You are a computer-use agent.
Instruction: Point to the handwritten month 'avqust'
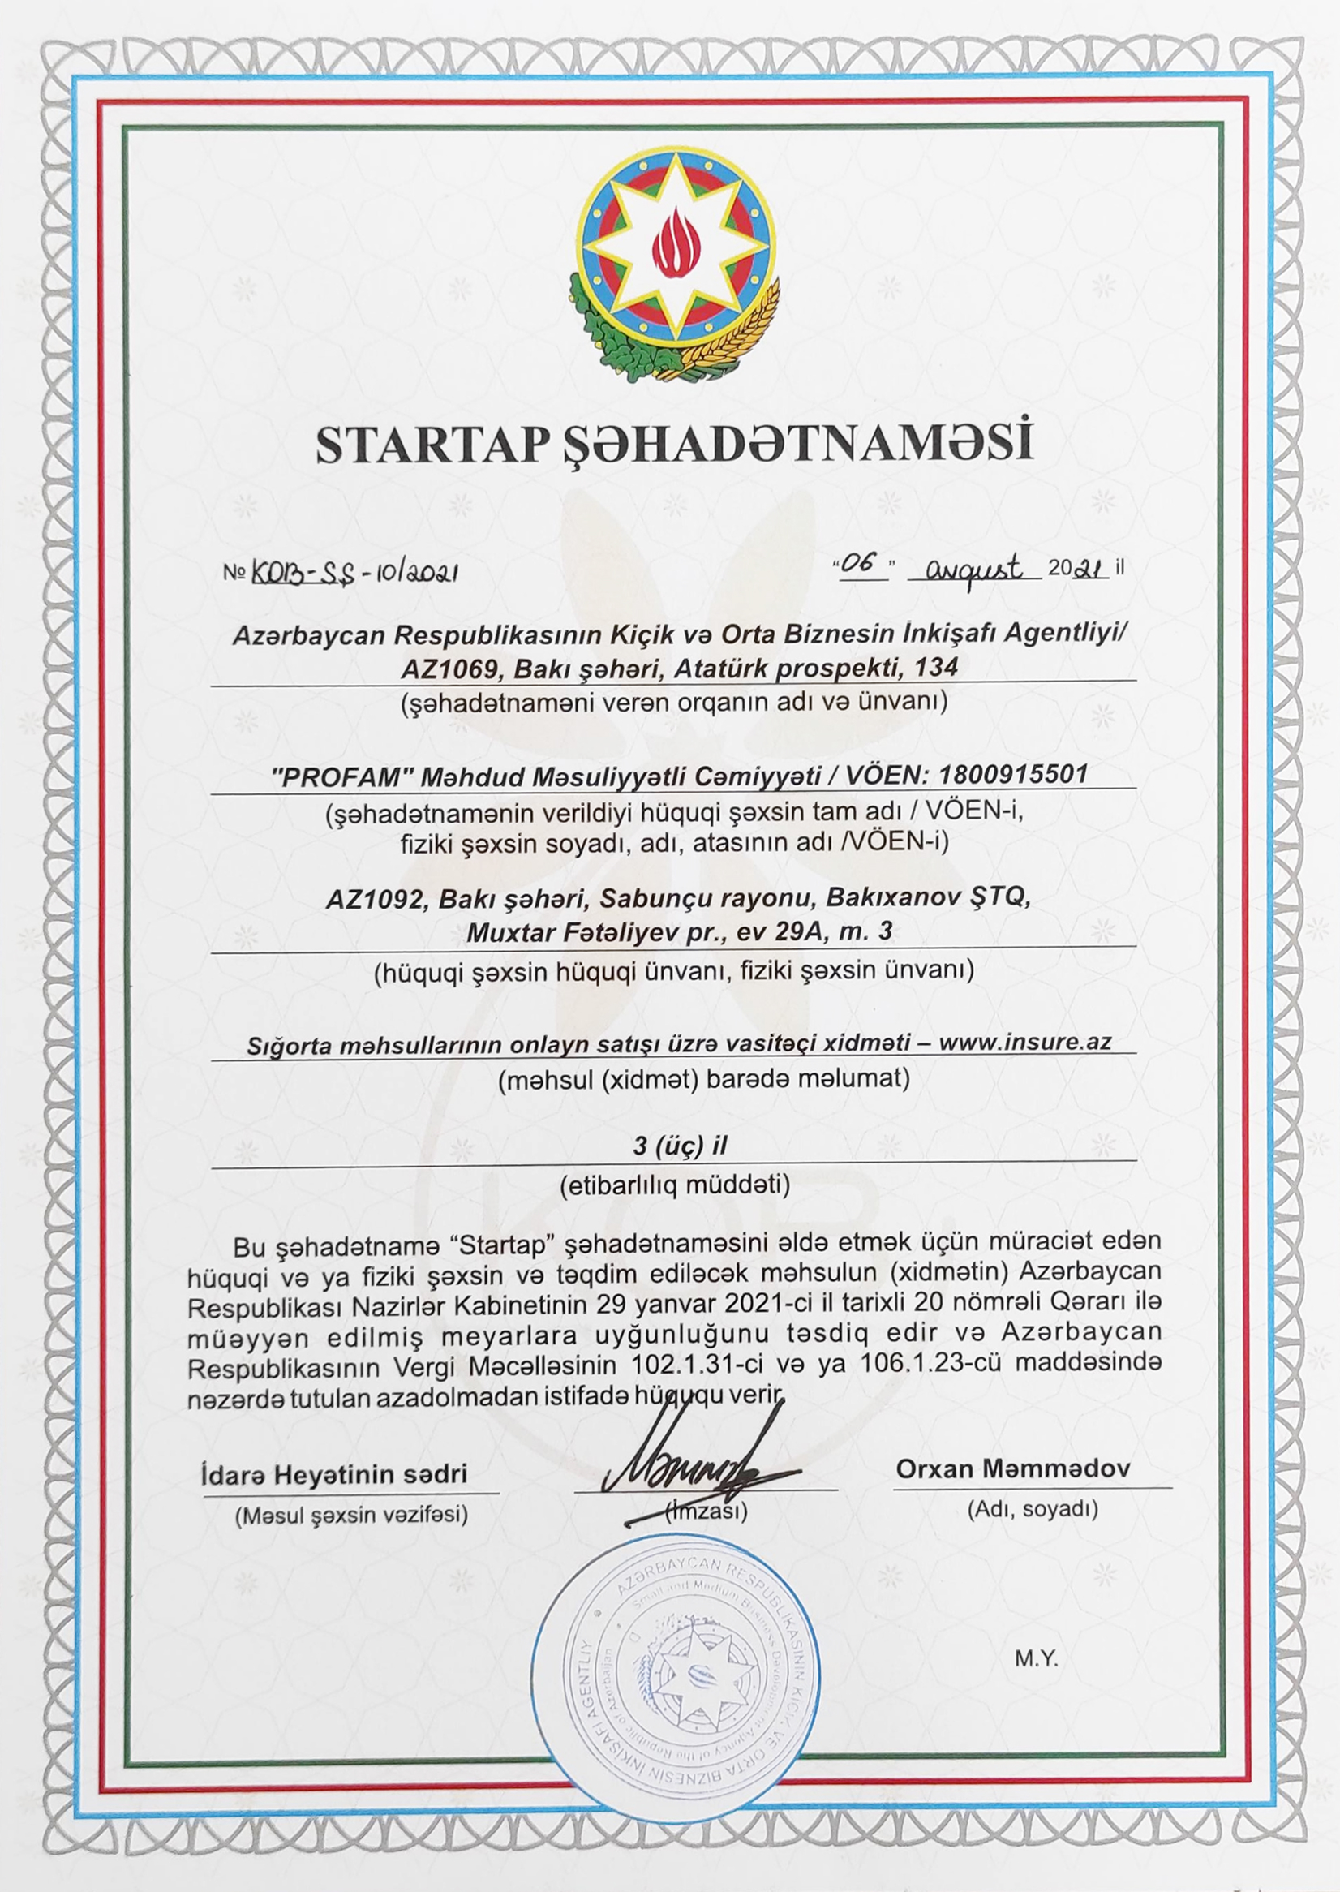tap(973, 569)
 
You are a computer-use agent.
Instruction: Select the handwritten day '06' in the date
tap(862, 566)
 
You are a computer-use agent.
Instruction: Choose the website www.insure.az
tap(1024, 1042)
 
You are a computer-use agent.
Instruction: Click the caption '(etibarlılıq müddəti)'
tap(674, 1185)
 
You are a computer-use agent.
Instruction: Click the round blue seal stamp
tap(674, 1675)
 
